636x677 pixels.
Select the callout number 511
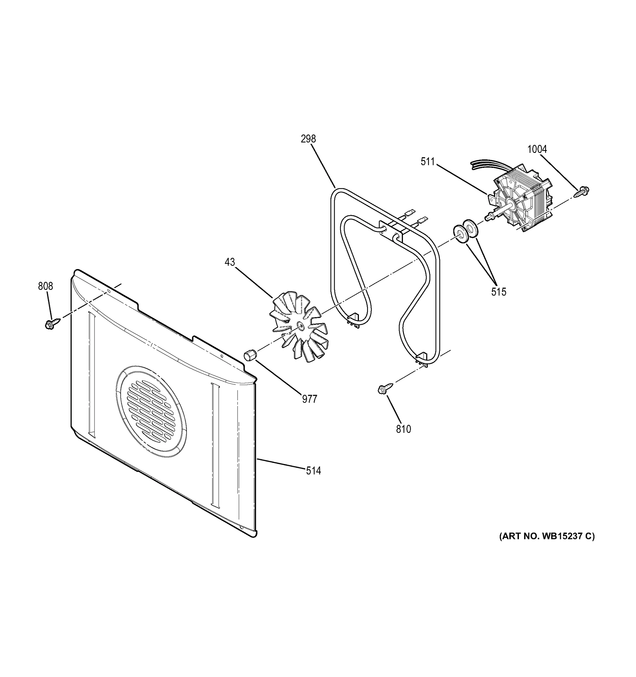427,162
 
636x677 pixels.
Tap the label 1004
537,149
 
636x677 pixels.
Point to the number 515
498,292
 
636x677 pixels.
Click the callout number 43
230,262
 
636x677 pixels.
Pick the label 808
45,286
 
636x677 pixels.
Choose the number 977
309,399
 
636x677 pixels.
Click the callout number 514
313,471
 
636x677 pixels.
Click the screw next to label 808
52,324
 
